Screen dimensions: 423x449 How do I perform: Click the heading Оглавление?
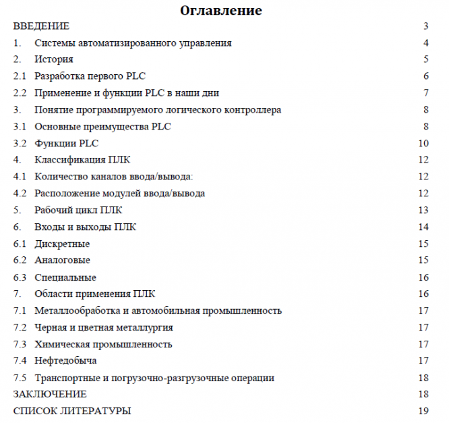221,11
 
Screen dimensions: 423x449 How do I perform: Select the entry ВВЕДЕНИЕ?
41,26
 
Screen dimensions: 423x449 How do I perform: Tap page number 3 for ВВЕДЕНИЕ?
426,26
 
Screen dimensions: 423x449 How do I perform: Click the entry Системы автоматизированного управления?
133,43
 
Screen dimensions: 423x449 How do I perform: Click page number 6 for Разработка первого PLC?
426,76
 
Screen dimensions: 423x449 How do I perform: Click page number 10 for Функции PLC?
423,143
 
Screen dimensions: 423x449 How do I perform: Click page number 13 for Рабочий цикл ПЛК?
423,210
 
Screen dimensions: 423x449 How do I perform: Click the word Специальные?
65,277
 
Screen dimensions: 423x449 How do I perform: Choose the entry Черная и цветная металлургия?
104,327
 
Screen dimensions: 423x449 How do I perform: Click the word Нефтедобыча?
65,361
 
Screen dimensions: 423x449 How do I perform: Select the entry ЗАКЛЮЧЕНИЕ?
50,394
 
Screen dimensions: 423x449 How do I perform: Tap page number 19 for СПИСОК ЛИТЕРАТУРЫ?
423,411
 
